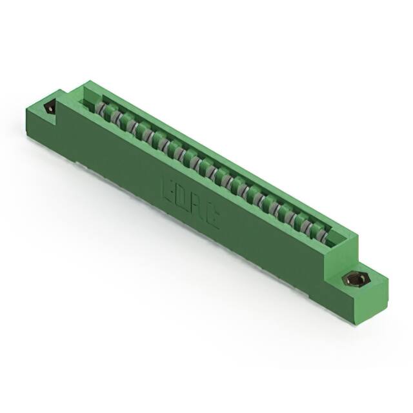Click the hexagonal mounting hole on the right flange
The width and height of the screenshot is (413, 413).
coord(352,279)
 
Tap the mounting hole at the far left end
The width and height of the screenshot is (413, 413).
coord(50,108)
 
